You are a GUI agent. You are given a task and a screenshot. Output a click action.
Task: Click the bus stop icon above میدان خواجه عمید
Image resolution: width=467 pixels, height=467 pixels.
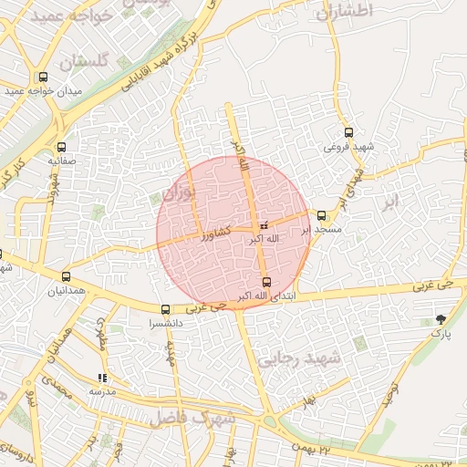[x=43, y=78]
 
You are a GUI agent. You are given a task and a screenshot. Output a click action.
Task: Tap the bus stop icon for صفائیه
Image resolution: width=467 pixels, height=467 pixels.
[x=61, y=147]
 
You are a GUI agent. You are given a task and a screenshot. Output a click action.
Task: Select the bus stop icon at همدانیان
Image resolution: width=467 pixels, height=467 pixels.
[x=66, y=276]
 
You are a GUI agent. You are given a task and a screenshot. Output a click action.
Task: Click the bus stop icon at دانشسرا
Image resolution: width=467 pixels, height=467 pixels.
[x=165, y=309]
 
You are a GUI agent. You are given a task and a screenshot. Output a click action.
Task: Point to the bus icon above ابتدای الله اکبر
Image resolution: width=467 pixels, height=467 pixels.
[x=265, y=282]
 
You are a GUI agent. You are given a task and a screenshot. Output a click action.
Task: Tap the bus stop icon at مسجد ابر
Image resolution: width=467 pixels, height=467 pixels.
[x=322, y=215]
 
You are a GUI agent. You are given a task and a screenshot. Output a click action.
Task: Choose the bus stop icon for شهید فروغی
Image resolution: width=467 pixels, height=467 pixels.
[x=349, y=133]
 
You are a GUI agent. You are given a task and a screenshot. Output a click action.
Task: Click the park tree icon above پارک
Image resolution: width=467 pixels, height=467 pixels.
[x=441, y=319]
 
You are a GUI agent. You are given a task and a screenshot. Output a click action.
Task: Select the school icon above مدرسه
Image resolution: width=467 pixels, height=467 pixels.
[x=102, y=378]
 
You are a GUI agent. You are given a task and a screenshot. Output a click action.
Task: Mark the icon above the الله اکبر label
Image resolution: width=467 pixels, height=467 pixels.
[x=265, y=224]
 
